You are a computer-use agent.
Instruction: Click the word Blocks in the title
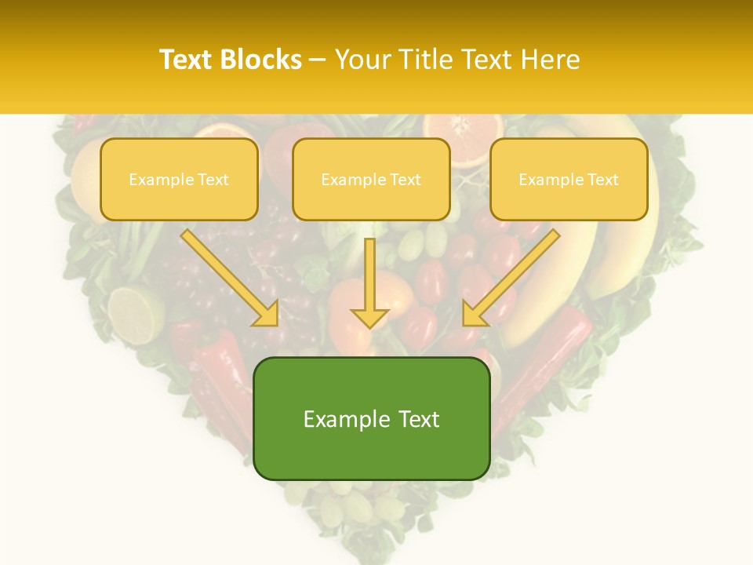pyautogui.click(x=261, y=60)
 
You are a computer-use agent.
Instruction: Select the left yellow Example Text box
pyautogui.click(x=179, y=179)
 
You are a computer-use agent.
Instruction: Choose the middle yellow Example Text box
pyautogui.click(x=371, y=179)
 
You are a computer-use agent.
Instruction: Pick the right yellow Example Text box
pyautogui.click(x=569, y=179)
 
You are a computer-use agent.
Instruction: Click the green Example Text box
pyautogui.click(x=371, y=418)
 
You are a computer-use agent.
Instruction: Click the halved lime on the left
pyautogui.click(x=135, y=314)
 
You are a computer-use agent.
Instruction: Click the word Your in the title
pyautogui.click(x=362, y=60)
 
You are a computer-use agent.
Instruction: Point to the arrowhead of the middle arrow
pyautogui.click(x=369, y=317)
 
